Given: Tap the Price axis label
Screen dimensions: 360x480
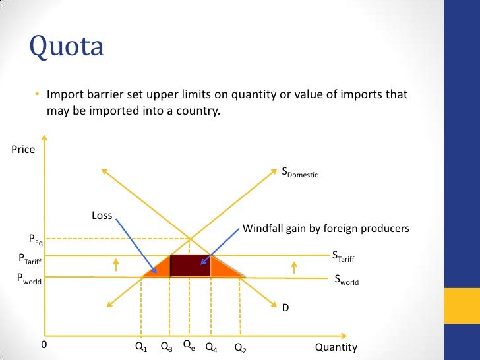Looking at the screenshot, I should click(23, 150).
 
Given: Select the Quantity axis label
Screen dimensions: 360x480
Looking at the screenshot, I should click(336, 347).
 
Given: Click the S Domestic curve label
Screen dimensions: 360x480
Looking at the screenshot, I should click(300, 173).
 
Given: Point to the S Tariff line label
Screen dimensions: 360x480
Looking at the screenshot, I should click(342, 256).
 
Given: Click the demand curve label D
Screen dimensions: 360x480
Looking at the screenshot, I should click(285, 307).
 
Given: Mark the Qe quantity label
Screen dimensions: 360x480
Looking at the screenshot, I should click(189, 345).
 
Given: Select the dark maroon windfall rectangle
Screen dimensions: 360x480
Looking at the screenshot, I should click(190, 266).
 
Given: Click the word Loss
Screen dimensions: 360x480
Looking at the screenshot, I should click(102, 215).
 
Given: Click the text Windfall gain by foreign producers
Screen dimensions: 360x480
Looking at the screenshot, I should click(326, 229).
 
